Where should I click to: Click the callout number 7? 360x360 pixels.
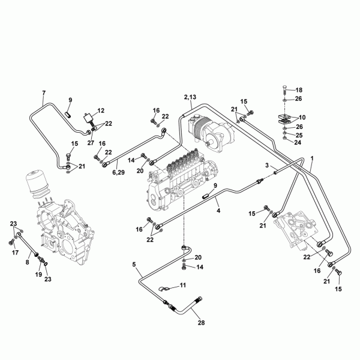(x=44, y=93)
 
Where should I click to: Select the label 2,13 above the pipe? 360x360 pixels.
(x=190, y=97)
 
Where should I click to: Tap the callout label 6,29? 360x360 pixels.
(x=118, y=172)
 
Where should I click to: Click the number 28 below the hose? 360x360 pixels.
(x=201, y=323)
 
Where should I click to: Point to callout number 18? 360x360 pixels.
(x=299, y=90)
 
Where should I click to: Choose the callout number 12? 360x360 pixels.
(x=101, y=110)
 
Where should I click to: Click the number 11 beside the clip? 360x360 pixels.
(x=183, y=285)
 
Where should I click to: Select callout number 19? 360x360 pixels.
(x=38, y=274)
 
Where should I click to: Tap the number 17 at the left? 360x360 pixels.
(x=15, y=253)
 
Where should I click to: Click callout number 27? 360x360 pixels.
(x=91, y=143)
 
